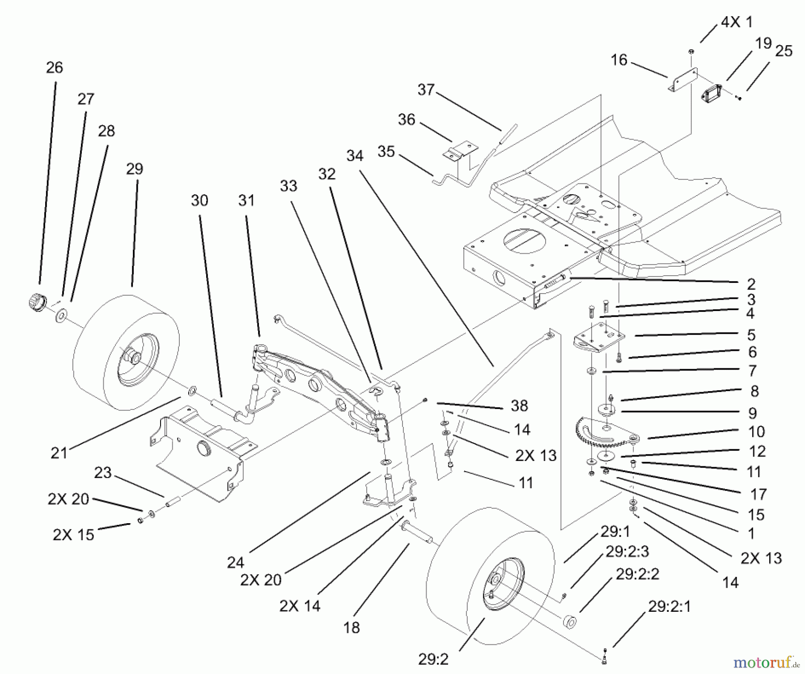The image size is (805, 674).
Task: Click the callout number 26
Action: pyautogui.click(x=55, y=68)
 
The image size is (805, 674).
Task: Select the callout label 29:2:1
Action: pyautogui.click(x=669, y=606)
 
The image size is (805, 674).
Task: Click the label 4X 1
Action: pyautogui.click(x=737, y=22)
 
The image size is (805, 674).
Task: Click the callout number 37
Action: pyautogui.click(x=426, y=90)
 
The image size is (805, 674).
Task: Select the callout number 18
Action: pyautogui.click(x=352, y=627)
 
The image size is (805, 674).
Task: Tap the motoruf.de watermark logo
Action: pyautogui.click(x=766, y=661)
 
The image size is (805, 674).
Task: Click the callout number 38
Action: pyautogui.click(x=519, y=405)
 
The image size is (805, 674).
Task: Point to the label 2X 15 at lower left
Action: pyautogui.click(x=73, y=534)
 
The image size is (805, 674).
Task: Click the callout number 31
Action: pyautogui.click(x=246, y=200)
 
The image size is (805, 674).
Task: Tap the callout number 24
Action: pyautogui.click(x=236, y=562)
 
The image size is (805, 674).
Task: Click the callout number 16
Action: pyautogui.click(x=619, y=60)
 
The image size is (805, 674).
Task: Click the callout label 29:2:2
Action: pyautogui.click(x=637, y=574)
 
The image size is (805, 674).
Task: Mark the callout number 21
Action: pyautogui.click(x=59, y=453)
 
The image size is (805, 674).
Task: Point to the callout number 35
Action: pyautogui.click(x=386, y=151)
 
